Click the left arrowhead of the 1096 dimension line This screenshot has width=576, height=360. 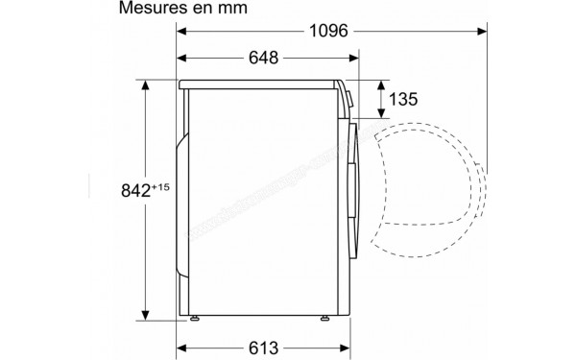182,31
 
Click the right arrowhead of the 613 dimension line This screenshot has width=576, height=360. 345,348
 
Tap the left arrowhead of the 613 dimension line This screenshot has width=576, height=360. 182,348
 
